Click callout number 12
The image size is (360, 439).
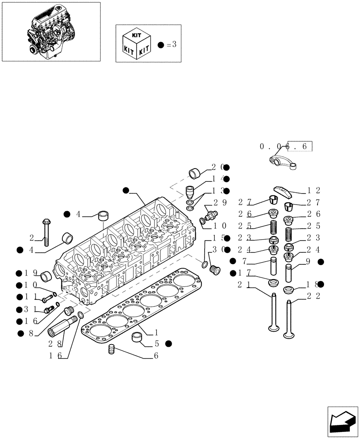(x=313, y=191)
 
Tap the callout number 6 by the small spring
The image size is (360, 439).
(x=155, y=356)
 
